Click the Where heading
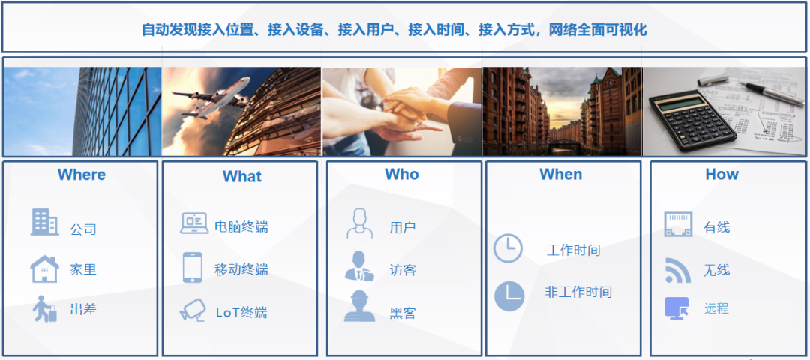(82, 175)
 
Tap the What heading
(242, 177)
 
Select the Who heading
(401, 175)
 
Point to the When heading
(560, 175)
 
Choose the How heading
(721, 175)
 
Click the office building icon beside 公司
(44, 222)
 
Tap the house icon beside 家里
(44, 269)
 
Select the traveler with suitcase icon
(45, 309)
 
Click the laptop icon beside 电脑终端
(194, 223)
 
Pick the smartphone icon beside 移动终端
(193, 268)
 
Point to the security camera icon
(192, 310)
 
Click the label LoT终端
(241, 313)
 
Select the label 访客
(403, 270)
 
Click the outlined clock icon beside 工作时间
(508, 248)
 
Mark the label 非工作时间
(578, 292)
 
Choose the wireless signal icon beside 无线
(677, 270)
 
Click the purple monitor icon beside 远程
(676, 308)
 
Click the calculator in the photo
(692, 118)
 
